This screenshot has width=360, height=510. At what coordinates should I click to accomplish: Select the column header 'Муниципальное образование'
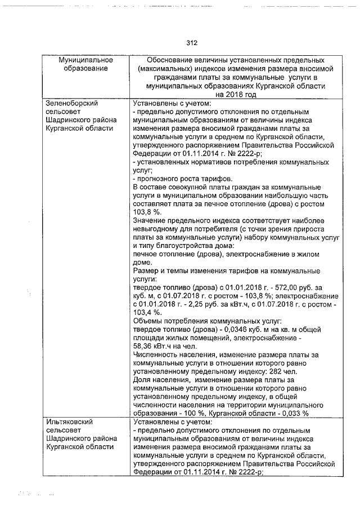[86, 64]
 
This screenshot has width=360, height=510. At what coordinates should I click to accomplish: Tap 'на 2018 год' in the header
[235, 95]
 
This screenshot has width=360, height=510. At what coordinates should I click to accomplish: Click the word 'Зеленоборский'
[71, 104]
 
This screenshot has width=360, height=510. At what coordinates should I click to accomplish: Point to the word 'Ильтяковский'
[69, 422]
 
